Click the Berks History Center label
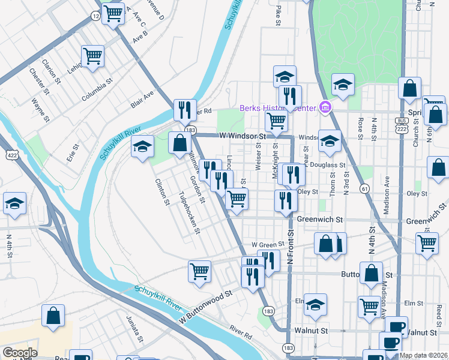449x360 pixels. pyautogui.click(x=277, y=109)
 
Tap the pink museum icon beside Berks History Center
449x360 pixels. pyautogui.click(x=325, y=108)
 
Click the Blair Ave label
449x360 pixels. pyautogui.click(x=143, y=99)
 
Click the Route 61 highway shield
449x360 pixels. pyautogui.click(x=364, y=189)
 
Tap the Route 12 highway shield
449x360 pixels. pyautogui.click(x=96, y=16)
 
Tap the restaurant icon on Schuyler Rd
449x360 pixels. pyautogui.click(x=185, y=109)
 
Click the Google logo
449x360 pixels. pyautogui.click(x=20, y=353)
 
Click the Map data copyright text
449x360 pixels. pyautogui.click(x=423, y=355)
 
